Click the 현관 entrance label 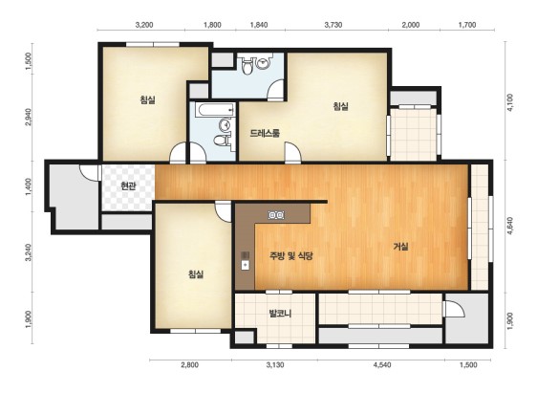[128, 186]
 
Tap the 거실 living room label [400, 247]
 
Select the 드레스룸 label [265, 133]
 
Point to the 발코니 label [280, 314]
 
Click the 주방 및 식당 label [291, 256]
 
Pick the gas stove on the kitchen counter [276, 215]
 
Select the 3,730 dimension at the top [333, 25]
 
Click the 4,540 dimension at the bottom [382, 365]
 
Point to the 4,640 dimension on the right [510, 226]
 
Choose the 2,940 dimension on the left [28, 117]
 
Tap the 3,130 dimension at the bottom [275, 365]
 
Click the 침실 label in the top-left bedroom [147, 100]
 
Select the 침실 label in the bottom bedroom [196, 274]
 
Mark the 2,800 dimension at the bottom [189, 365]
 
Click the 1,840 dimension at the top [259, 25]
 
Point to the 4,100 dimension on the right [510, 102]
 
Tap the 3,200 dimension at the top [144, 25]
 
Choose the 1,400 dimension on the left [28, 186]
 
